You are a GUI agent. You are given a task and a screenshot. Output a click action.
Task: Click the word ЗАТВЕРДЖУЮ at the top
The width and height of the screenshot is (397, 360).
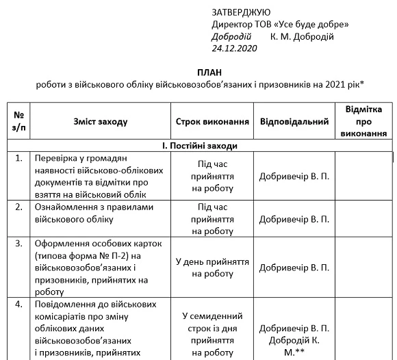click(x=241, y=12)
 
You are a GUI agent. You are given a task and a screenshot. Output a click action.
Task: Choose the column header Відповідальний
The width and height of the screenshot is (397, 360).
click(x=294, y=121)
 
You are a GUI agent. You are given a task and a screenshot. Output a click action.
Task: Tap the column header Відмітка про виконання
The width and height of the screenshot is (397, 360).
click(x=363, y=121)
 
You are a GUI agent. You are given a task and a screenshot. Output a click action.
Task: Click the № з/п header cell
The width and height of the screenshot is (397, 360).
click(x=19, y=121)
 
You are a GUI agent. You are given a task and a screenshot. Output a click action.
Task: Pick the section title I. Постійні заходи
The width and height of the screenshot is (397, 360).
click(x=198, y=146)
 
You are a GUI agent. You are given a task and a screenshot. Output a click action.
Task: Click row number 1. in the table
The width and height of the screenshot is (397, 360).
click(x=18, y=158)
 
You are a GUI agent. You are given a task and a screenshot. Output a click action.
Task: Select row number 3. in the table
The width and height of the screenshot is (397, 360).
click(x=18, y=243)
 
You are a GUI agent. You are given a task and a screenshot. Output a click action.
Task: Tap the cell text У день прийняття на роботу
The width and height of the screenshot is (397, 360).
click(x=212, y=267)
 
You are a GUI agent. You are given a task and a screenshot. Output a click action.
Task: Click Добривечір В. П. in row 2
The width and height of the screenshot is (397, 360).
click(x=294, y=219)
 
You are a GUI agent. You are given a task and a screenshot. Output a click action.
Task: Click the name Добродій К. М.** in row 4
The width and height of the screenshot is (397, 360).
click(x=294, y=346)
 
